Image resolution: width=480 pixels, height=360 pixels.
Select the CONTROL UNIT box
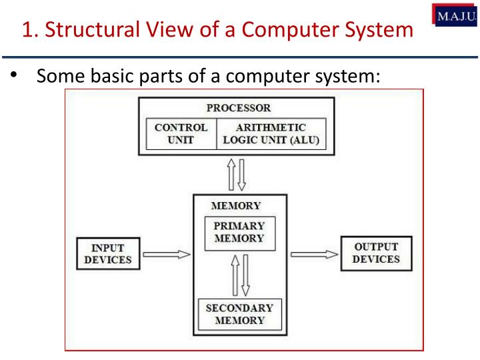[181, 133]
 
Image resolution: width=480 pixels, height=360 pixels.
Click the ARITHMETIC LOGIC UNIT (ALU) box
[272, 133]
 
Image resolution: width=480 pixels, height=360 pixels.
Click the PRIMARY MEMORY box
[239, 232]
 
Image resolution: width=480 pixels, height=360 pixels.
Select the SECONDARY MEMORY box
[239, 314]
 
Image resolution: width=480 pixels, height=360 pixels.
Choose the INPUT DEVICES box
[107, 254]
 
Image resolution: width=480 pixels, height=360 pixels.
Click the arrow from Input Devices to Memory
[167, 254]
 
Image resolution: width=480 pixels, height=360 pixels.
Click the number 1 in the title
[27, 30]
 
